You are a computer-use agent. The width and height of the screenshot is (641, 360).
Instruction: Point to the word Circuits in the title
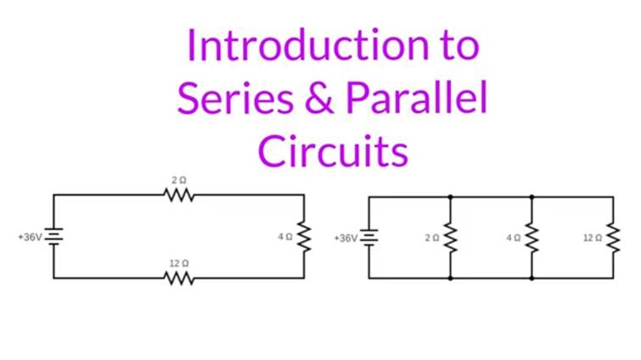(x=333, y=152)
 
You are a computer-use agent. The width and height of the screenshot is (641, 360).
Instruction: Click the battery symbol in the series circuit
(x=54, y=237)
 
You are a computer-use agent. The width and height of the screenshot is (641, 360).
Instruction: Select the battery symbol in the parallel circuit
(x=368, y=237)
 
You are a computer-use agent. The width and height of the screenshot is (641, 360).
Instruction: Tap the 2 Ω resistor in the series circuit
(x=179, y=195)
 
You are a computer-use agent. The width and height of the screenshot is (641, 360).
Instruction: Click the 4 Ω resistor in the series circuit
(x=303, y=237)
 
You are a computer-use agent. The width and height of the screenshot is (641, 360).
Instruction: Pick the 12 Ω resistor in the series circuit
(x=179, y=278)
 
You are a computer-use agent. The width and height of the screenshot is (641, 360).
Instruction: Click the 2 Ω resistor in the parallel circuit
(x=450, y=239)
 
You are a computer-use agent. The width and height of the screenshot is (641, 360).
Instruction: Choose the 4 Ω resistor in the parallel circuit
(x=531, y=239)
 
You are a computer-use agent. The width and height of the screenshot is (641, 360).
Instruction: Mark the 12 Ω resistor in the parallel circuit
(x=612, y=239)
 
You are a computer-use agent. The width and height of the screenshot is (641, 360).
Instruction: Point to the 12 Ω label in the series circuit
(x=178, y=264)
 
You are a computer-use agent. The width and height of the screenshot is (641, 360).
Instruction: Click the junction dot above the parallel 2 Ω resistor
(x=450, y=197)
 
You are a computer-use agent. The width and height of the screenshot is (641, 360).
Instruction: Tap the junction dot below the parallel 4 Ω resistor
(x=531, y=278)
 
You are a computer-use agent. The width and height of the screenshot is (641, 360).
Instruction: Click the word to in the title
(x=459, y=46)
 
